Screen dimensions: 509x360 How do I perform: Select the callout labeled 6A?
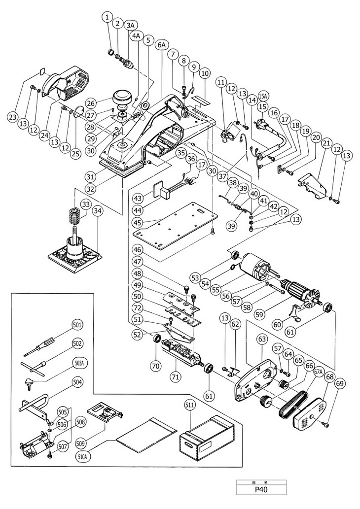coord(161,44)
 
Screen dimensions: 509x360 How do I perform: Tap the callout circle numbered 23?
coord(12,117)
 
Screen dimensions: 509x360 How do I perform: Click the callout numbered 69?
coord(339,383)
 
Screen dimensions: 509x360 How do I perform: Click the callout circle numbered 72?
coord(137,307)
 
